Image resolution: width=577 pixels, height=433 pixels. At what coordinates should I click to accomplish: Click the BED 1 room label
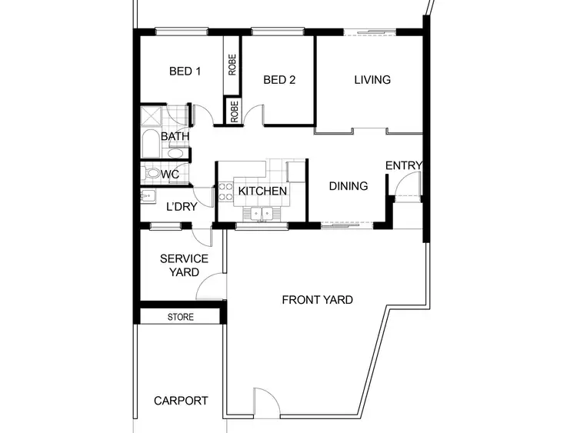pos(185,72)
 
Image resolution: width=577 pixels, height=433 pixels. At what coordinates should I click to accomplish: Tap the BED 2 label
pos(279,80)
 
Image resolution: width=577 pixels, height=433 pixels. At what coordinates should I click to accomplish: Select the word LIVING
pos(372,79)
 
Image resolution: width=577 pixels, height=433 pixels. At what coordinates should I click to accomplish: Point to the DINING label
pos(349,186)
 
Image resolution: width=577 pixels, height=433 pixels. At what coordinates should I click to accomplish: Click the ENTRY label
pos(403,165)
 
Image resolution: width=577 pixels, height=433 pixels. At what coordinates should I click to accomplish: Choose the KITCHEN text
pos(262,191)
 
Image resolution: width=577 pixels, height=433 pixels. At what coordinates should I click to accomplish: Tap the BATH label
pos(175,137)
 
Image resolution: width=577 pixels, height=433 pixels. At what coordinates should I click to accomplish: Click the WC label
pos(170,175)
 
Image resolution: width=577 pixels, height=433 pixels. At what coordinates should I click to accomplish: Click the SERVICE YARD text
pos(184,265)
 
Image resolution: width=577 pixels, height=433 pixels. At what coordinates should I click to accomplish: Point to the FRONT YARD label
pos(318,299)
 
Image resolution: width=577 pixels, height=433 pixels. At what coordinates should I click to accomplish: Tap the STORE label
pos(181,317)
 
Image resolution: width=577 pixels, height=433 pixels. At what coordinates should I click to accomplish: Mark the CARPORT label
pos(181,401)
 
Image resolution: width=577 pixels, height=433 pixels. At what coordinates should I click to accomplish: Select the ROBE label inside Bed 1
pos(232,64)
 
